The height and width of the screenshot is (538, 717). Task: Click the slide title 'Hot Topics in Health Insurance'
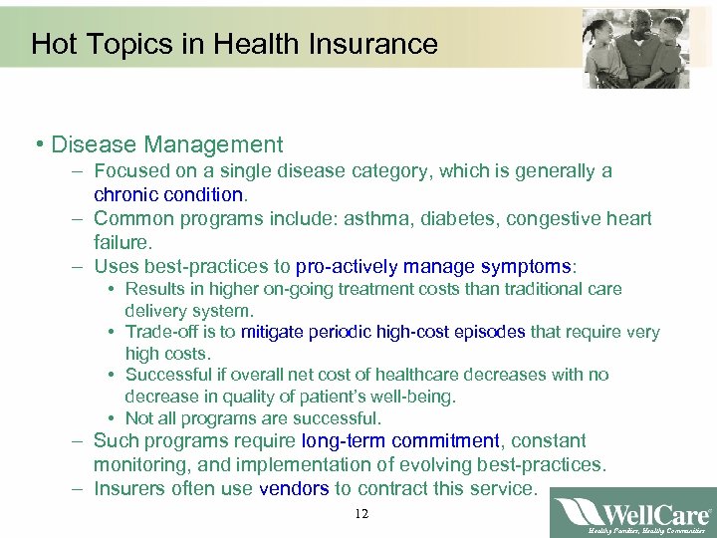click(x=234, y=45)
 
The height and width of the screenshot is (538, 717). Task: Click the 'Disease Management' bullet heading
click(x=167, y=145)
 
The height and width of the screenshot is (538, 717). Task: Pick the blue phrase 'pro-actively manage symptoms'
click(x=435, y=266)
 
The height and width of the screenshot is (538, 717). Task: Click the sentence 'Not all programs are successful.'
click(x=253, y=418)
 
